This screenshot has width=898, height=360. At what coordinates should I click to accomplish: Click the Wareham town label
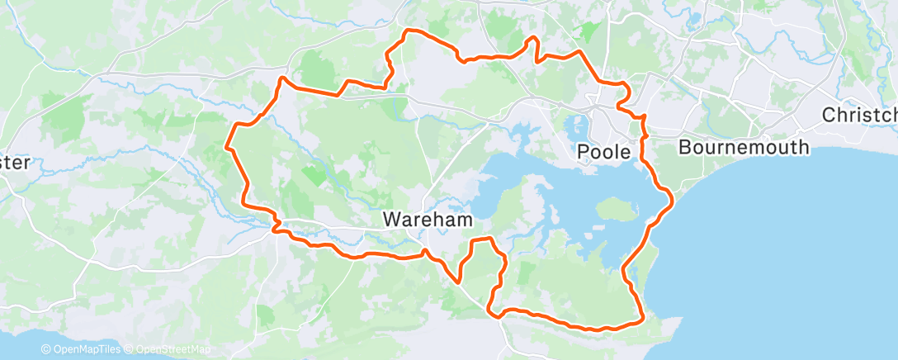coord(428,220)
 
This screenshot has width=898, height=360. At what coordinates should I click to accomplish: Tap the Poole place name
coord(607,152)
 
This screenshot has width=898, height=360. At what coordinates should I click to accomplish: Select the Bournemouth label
coord(743,148)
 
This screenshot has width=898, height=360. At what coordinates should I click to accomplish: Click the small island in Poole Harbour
coord(612,210)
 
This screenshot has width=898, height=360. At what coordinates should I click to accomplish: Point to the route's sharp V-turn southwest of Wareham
coord(458,281)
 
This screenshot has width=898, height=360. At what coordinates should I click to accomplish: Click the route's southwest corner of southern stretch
coord(494,312)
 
